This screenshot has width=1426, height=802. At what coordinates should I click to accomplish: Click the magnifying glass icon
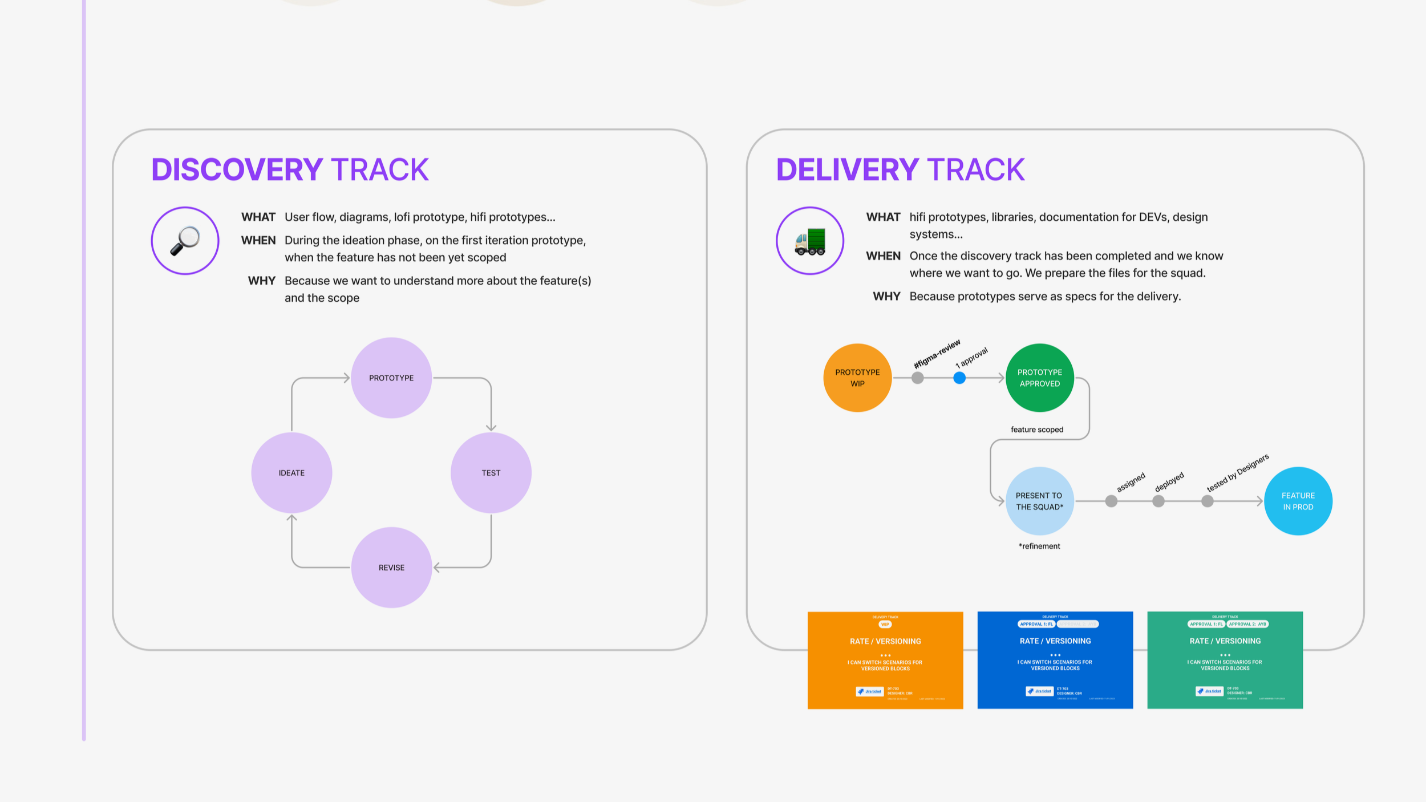[x=185, y=241]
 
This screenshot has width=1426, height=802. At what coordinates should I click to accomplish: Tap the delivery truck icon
[x=809, y=241]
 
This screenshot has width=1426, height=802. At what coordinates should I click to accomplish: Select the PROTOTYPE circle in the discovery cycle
[x=391, y=378]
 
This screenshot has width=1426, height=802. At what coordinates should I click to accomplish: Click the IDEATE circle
[x=291, y=473]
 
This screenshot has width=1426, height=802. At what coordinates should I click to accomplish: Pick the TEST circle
[x=491, y=473]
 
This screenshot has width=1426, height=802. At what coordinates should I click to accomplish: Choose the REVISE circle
[x=391, y=568]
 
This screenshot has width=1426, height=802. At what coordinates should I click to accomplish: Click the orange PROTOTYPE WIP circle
[x=857, y=378]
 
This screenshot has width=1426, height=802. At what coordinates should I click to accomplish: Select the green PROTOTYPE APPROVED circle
[x=1039, y=378]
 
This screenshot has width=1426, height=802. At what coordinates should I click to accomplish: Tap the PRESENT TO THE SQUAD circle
[x=1039, y=501]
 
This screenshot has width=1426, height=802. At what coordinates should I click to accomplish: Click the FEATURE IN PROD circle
[x=1298, y=501]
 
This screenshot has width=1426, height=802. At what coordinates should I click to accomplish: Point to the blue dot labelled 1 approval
[x=959, y=378]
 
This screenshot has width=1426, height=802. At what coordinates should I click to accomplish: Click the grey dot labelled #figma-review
[x=917, y=378]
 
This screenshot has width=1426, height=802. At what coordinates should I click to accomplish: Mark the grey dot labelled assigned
[x=1111, y=501]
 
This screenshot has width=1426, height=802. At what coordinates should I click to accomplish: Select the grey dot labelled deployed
[x=1158, y=501]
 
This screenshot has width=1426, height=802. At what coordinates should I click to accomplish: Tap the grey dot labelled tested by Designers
[x=1207, y=501]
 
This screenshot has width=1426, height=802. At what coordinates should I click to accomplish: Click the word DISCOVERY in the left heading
[x=237, y=170]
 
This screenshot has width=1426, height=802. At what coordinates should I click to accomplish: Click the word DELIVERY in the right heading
[x=847, y=170]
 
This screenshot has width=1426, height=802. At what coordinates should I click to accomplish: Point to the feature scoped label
[x=1036, y=430]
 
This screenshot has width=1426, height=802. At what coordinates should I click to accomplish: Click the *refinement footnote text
[x=1039, y=546]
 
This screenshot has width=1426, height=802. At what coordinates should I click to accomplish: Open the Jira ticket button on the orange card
[x=869, y=691]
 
